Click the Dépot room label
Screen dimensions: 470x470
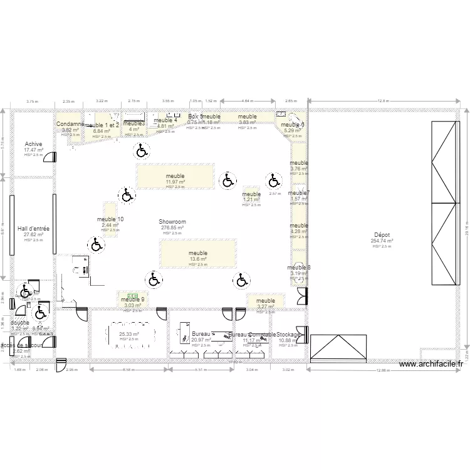click(x=382, y=234)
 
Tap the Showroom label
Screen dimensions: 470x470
click(x=172, y=222)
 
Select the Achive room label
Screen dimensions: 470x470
click(x=33, y=144)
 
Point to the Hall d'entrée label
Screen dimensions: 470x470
click(x=33, y=229)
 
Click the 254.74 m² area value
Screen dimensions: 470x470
click(x=382, y=240)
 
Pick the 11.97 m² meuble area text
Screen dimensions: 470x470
click(x=175, y=182)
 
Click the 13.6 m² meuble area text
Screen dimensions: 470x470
click(x=197, y=259)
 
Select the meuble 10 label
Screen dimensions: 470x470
click(x=110, y=219)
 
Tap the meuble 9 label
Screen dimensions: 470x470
click(x=132, y=299)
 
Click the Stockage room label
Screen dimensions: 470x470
click(x=288, y=335)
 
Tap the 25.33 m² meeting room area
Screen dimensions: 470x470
click(x=129, y=335)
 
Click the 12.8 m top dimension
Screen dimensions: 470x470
click(x=383, y=100)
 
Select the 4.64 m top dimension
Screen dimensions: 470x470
click(x=247, y=100)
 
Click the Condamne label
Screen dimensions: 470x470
click(x=70, y=124)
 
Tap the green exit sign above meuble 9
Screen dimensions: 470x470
click(x=132, y=292)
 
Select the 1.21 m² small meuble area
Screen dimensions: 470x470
click(x=251, y=199)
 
